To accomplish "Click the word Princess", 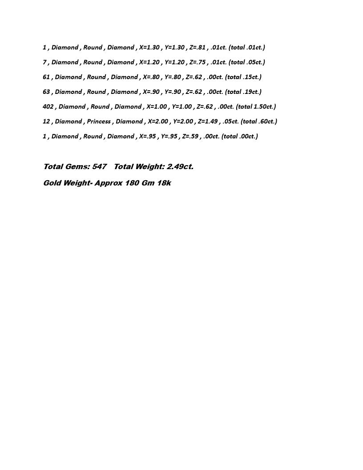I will coord(99,122).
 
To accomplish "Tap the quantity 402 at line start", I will coord(48,107).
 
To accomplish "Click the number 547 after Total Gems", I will coord(99,167).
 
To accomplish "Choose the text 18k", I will coord(163,183).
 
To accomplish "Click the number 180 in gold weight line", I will coord(132,183).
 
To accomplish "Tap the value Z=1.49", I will coord(208,122).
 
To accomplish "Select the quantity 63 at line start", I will coord(46,92).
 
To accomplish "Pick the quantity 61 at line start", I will coord(46,77).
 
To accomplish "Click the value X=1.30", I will coord(149,48).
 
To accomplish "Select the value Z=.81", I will coord(197,48).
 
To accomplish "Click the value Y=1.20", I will coord(174,62).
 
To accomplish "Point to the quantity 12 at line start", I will coord(46,122).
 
